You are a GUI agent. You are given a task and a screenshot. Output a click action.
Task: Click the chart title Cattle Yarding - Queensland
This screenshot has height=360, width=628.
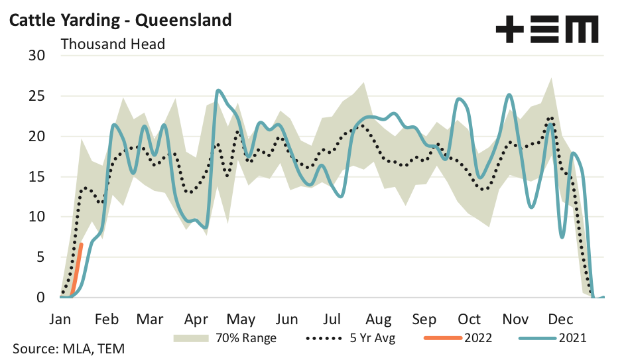click(x=120, y=20)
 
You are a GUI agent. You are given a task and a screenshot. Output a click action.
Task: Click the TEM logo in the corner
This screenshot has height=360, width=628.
click(x=547, y=30)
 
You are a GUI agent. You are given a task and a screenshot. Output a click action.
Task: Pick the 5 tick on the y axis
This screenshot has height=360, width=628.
click(x=40, y=257)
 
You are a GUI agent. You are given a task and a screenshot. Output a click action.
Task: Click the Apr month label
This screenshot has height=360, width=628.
click(x=196, y=319)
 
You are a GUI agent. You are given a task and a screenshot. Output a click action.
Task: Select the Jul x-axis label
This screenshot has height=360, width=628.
click(x=333, y=319)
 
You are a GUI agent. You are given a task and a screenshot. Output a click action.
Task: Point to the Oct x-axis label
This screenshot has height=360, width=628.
click(x=470, y=319)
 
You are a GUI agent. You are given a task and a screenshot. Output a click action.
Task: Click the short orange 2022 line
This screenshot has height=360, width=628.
click(x=77, y=269)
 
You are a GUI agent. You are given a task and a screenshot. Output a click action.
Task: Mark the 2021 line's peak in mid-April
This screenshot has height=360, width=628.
click(x=218, y=91)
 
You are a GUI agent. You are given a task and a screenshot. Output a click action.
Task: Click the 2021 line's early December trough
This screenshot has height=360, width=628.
click(x=562, y=237)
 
